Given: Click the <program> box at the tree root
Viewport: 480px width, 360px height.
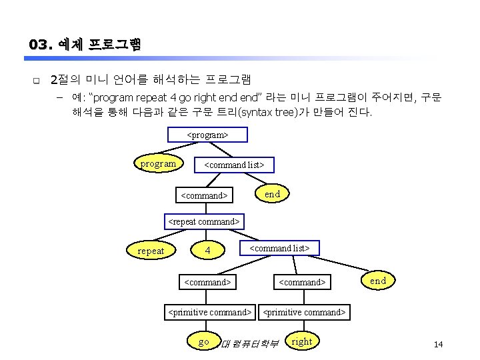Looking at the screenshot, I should tap(207, 135).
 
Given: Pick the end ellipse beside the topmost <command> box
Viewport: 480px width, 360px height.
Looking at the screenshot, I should tap(272, 193).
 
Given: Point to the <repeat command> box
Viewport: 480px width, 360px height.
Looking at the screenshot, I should tap(203, 221).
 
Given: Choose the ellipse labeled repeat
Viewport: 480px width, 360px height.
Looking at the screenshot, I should tap(151, 251).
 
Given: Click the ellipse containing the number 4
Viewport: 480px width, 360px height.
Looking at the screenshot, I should tap(209, 251).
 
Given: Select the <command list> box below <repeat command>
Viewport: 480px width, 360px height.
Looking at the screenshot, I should tap(279, 248).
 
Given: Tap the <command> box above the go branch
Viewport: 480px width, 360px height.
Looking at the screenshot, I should tap(207, 282).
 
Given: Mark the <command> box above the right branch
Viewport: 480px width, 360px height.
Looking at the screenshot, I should tap(302, 282).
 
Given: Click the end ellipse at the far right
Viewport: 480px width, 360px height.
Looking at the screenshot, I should tap(378, 281).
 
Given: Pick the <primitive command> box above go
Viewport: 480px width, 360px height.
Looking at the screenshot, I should tap(210, 311).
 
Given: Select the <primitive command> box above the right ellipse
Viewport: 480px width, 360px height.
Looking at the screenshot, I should tap(305, 311).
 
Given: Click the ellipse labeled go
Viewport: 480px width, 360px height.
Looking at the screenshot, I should tap(204, 342).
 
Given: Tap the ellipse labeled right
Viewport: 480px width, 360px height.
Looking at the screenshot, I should tap(301, 342).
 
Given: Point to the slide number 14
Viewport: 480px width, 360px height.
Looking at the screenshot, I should tap(438, 344).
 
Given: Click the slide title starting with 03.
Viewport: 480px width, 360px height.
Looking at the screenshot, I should tap(85, 45).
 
